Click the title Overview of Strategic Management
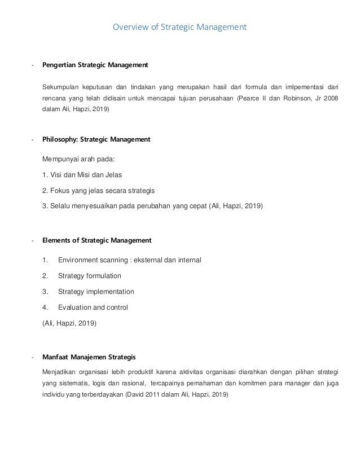click(180, 27)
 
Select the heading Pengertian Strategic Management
click(95, 65)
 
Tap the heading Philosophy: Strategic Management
click(96, 139)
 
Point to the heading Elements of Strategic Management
click(97, 240)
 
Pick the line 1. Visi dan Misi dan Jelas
click(82, 175)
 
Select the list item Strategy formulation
click(89, 276)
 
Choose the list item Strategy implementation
click(96, 292)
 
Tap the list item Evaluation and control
click(93, 307)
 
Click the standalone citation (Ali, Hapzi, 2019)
click(69, 323)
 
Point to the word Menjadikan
click(61, 372)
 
